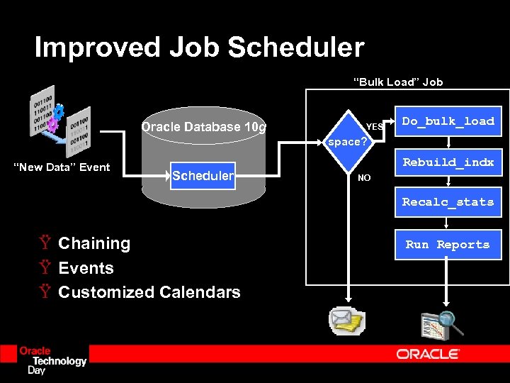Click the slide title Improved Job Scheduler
(x=199, y=48)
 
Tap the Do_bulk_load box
(x=448, y=121)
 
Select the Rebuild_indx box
(x=448, y=162)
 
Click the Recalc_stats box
(x=448, y=202)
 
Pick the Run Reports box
(x=448, y=245)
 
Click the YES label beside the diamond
(x=374, y=127)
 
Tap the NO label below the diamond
(x=364, y=178)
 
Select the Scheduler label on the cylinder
(x=203, y=176)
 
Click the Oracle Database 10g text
(x=204, y=128)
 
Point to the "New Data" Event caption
(x=63, y=167)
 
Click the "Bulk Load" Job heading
(x=398, y=82)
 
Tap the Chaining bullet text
(x=94, y=244)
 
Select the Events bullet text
(x=86, y=268)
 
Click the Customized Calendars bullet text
(x=149, y=292)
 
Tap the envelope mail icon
(x=347, y=323)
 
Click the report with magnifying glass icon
(x=441, y=325)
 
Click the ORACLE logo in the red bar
(x=428, y=354)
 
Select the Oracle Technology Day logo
(x=52, y=360)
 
